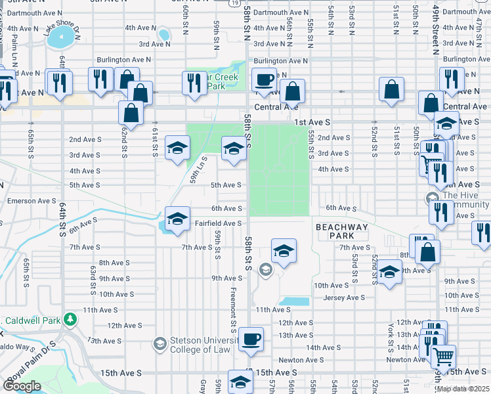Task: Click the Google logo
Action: coord(22,386)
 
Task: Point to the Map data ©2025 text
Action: coord(462,389)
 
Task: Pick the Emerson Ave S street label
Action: coord(32,201)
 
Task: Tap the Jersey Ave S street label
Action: coord(343,297)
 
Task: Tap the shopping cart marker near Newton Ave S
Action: coord(444,357)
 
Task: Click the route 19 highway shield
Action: coord(234,3)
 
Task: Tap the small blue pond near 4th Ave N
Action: coord(163,34)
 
